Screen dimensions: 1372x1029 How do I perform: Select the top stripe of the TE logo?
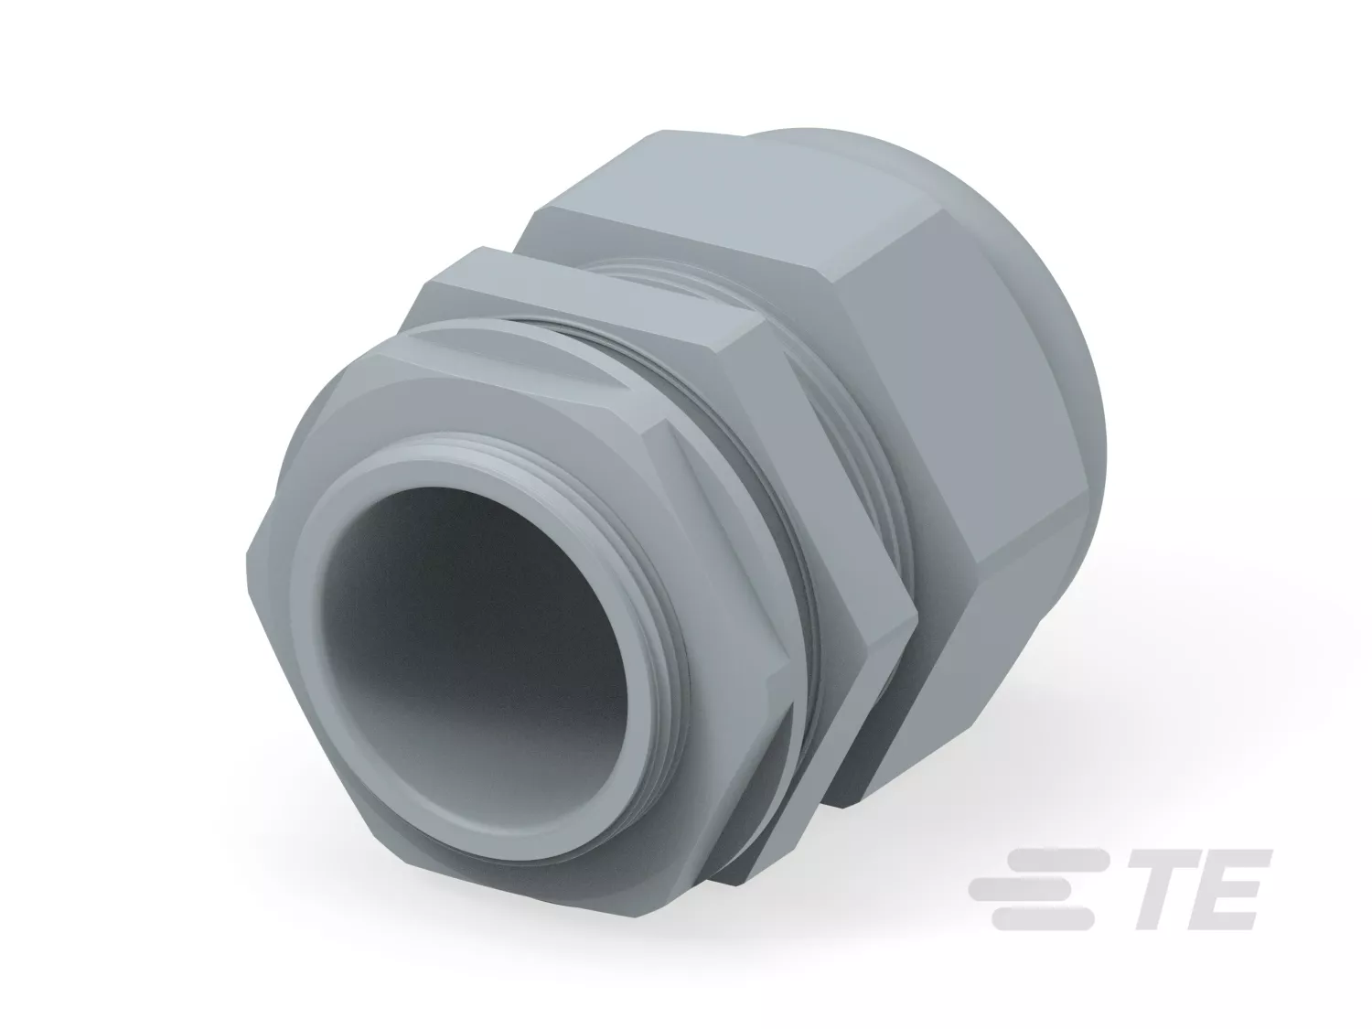[1049, 861]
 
